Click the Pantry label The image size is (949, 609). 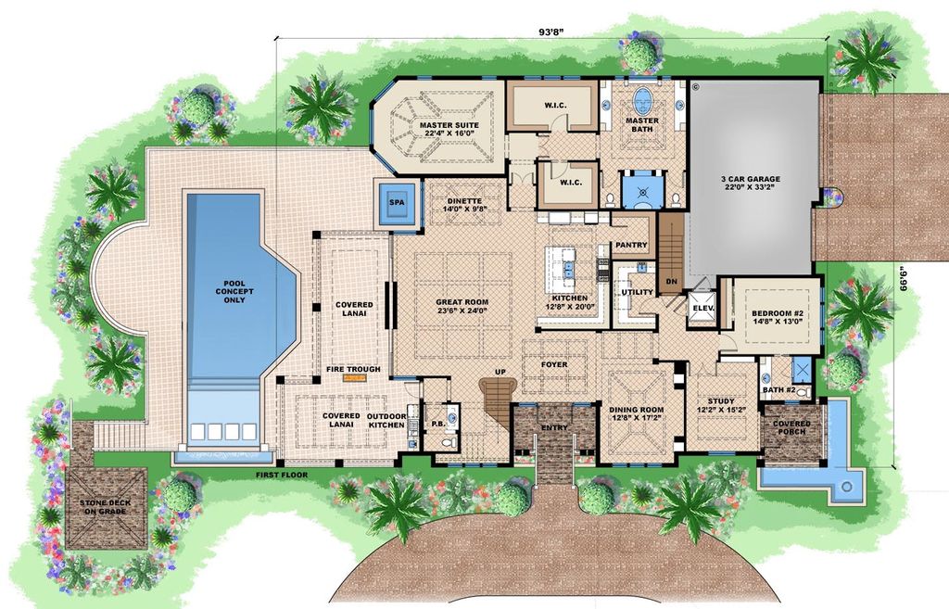630,246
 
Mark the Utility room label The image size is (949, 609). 637,292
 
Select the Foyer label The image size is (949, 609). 554,364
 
